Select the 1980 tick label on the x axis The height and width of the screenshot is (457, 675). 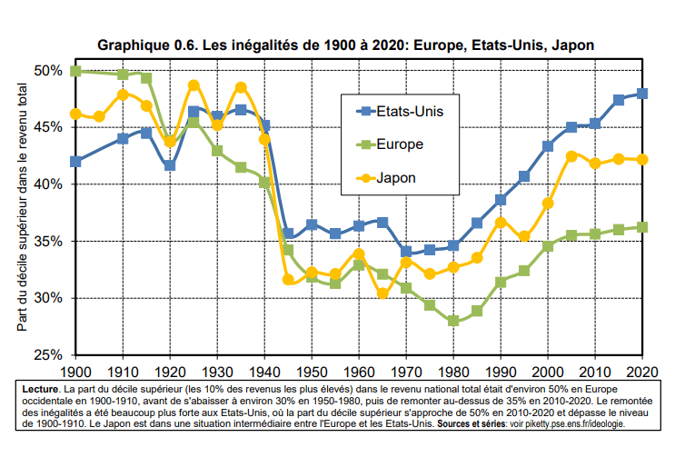(453, 372)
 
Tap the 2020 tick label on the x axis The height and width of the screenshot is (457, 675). (642, 372)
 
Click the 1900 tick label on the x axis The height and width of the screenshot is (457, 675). (75, 372)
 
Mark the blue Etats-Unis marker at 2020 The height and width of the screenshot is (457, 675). (642, 94)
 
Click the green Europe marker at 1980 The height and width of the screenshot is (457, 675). (453, 321)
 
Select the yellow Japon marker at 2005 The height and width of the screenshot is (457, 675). (571, 156)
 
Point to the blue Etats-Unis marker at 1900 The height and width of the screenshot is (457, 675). (75, 162)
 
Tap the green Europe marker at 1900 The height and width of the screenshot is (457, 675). (75, 71)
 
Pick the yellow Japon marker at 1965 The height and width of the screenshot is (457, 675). (382, 293)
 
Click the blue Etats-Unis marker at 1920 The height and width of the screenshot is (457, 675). (170, 165)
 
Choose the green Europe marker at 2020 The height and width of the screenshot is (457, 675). (642, 227)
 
